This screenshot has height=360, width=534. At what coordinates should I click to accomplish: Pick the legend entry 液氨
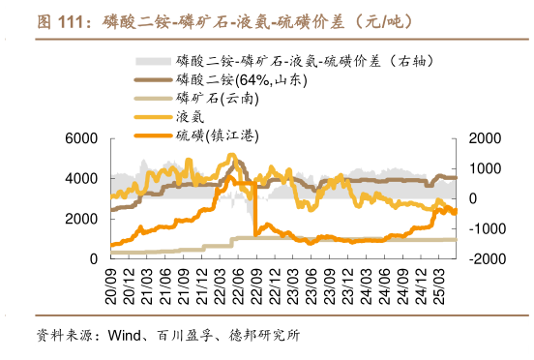tap(191, 116)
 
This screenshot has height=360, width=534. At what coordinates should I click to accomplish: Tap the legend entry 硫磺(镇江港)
tap(213, 135)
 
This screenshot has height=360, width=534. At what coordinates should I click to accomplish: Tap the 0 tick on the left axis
tap(93, 259)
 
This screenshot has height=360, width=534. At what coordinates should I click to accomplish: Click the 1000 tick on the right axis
tap(482, 168)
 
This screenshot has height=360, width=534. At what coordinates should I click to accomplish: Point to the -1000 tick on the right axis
tap(484, 228)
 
